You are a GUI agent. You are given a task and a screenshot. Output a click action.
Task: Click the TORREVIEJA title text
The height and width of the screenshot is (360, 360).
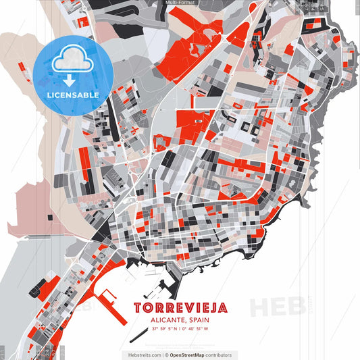[x=180, y=308]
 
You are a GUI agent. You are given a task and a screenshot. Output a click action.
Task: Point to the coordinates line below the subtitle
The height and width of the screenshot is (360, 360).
[x=180, y=330]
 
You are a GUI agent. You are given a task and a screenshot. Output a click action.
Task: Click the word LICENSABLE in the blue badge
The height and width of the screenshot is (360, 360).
[x=73, y=95]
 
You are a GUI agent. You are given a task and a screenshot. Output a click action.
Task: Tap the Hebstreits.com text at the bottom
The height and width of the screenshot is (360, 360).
[x=143, y=355]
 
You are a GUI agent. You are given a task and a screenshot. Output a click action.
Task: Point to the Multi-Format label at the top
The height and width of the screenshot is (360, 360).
[x=180, y=3]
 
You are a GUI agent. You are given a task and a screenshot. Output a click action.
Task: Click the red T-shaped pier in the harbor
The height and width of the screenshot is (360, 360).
[x=108, y=298]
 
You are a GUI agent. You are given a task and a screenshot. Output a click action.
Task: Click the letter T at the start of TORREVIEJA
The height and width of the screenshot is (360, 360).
[x=138, y=308]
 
